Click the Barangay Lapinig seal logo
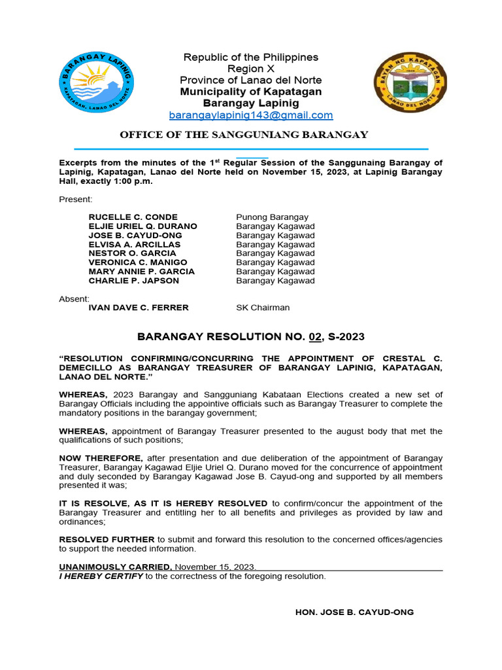pyautogui.click(x=97, y=81)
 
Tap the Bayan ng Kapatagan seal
pyautogui.click(x=410, y=81)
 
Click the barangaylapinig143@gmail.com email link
pyautogui.click(x=251, y=115)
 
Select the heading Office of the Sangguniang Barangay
pyautogui.click(x=243, y=135)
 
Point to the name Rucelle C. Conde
pyautogui.click(x=133, y=217)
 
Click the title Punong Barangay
pyautogui.click(x=272, y=217)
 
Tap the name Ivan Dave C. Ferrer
pyautogui.click(x=139, y=308)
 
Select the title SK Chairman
pyautogui.click(x=263, y=308)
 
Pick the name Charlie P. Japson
pyautogui.click(x=133, y=281)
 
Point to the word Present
pyautogui.click(x=76, y=198)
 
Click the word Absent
pyautogui.click(x=74, y=298)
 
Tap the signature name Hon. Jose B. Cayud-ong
pyautogui.click(x=355, y=612)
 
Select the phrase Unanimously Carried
pyautogui.click(x=116, y=567)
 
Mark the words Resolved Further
pyautogui.click(x=107, y=539)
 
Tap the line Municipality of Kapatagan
pyautogui.click(x=251, y=92)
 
